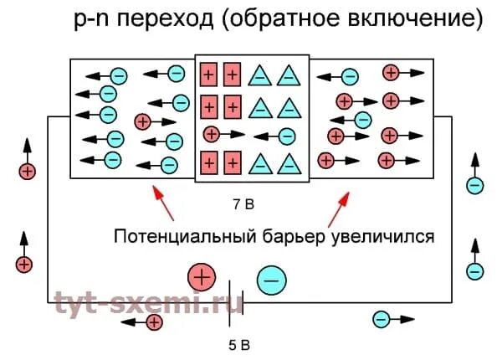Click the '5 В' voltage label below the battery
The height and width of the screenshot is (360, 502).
tap(240, 344)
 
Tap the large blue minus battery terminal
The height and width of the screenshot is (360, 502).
tap(270, 280)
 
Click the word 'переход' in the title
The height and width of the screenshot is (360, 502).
tap(164, 19)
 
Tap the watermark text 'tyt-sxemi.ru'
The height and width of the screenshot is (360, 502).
tap(147, 303)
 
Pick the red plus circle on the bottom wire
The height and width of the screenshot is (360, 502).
tap(155, 323)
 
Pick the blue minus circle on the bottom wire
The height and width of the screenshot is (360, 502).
tap(381, 319)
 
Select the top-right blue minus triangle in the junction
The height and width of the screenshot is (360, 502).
tap(289, 75)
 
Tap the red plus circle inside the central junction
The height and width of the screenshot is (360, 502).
tap(213, 134)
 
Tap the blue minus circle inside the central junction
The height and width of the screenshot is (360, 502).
tap(287, 136)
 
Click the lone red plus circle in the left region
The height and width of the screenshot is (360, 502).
tap(143, 122)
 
